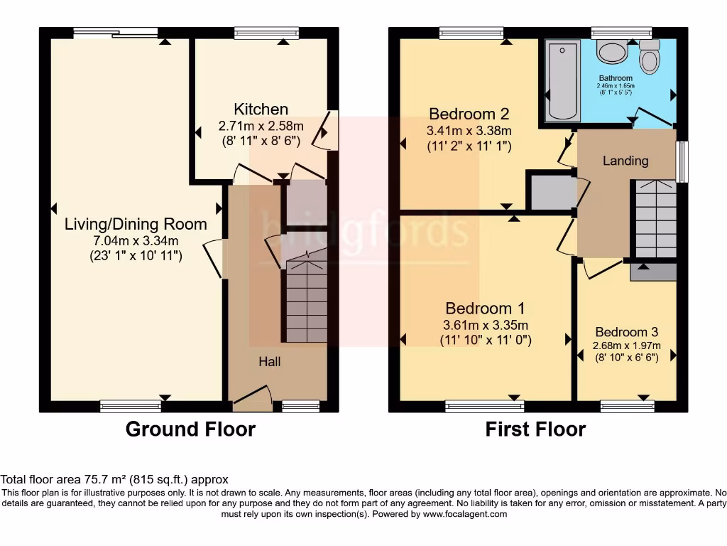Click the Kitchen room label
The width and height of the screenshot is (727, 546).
[x=261, y=109]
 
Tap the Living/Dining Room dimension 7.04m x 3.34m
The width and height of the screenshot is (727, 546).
[x=136, y=240]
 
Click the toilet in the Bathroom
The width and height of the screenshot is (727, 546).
[x=649, y=58]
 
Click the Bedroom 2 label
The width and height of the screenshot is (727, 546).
[x=469, y=114]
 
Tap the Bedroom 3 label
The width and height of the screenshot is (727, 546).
[x=626, y=331]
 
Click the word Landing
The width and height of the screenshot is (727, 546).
[x=625, y=161]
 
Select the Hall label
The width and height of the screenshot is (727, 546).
[x=269, y=361]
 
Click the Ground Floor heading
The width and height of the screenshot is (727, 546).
[x=190, y=429]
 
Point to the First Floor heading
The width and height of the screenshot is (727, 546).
[x=535, y=429]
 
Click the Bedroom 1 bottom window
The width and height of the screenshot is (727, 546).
[x=485, y=406]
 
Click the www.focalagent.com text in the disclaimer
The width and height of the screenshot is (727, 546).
[x=466, y=514]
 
